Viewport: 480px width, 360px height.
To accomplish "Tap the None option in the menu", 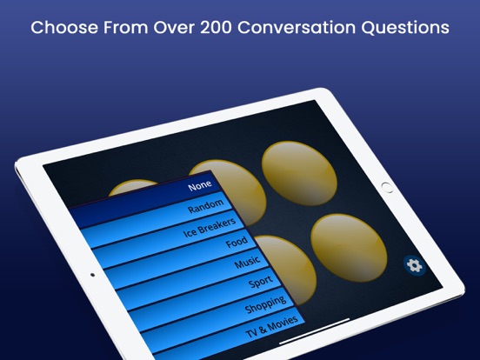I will (199, 185).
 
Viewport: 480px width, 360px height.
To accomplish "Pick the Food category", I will (236, 243).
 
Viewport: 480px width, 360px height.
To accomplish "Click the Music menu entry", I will (248, 263).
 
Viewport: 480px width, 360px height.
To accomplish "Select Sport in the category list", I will (260, 283).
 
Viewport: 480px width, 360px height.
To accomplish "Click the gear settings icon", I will (415, 265).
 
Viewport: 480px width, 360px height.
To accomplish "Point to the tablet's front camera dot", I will (92, 275).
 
